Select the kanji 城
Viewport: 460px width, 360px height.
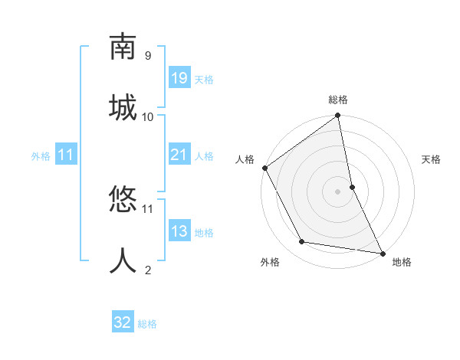coord(123,106)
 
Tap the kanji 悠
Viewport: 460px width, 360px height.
coord(123,201)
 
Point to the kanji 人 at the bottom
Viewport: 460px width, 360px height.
coord(123,261)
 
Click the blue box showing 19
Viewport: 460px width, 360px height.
coord(179,78)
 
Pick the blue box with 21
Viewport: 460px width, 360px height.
coord(179,155)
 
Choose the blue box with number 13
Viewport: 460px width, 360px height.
coord(179,231)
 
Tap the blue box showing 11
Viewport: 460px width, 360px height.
coord(66,155)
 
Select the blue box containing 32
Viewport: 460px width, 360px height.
coord(123,322)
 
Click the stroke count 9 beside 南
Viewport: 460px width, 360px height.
coord(147,56)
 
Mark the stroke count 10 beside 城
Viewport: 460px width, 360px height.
coord(148,116)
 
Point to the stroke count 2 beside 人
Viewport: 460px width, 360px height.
coord(147,270)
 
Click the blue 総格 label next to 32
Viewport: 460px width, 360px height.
coord(147,324)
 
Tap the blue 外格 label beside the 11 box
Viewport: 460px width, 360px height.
coord(41,156)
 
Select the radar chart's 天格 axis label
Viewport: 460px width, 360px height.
coord(431,159)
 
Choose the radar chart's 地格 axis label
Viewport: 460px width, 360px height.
coord(402,262)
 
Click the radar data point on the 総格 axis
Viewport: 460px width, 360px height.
coord(338,116)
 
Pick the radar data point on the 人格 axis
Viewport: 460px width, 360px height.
coord(265,168)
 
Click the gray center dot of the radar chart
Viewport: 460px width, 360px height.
coord(338,191)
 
